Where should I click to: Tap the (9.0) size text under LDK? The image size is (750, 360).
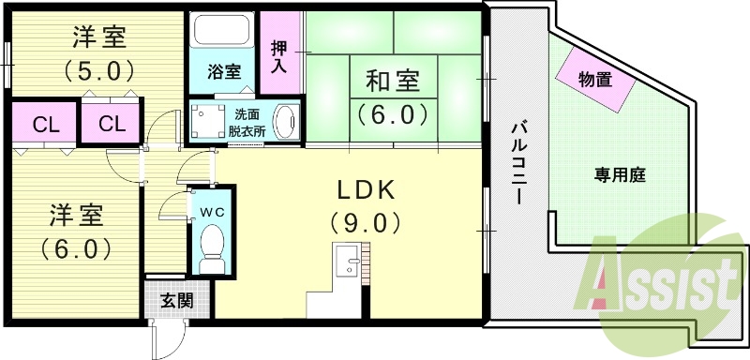pos(365,223)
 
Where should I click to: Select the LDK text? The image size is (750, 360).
pos(365,190)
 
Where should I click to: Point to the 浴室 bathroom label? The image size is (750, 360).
pos(223,71)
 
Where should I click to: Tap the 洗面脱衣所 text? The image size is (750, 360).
pos(247,122)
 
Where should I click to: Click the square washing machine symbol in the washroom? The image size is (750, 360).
pos(206,121)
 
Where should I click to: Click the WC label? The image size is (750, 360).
pos(213,212)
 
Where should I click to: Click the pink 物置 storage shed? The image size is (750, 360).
pos(597,80)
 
